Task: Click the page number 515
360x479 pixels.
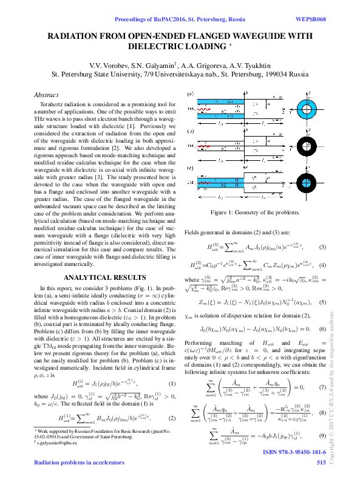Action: click(x=321, y=463)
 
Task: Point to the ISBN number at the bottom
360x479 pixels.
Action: click(x=294, y=453)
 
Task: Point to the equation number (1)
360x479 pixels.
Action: click(x=172, y=383)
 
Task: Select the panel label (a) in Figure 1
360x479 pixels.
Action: click(x=190, y=94)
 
